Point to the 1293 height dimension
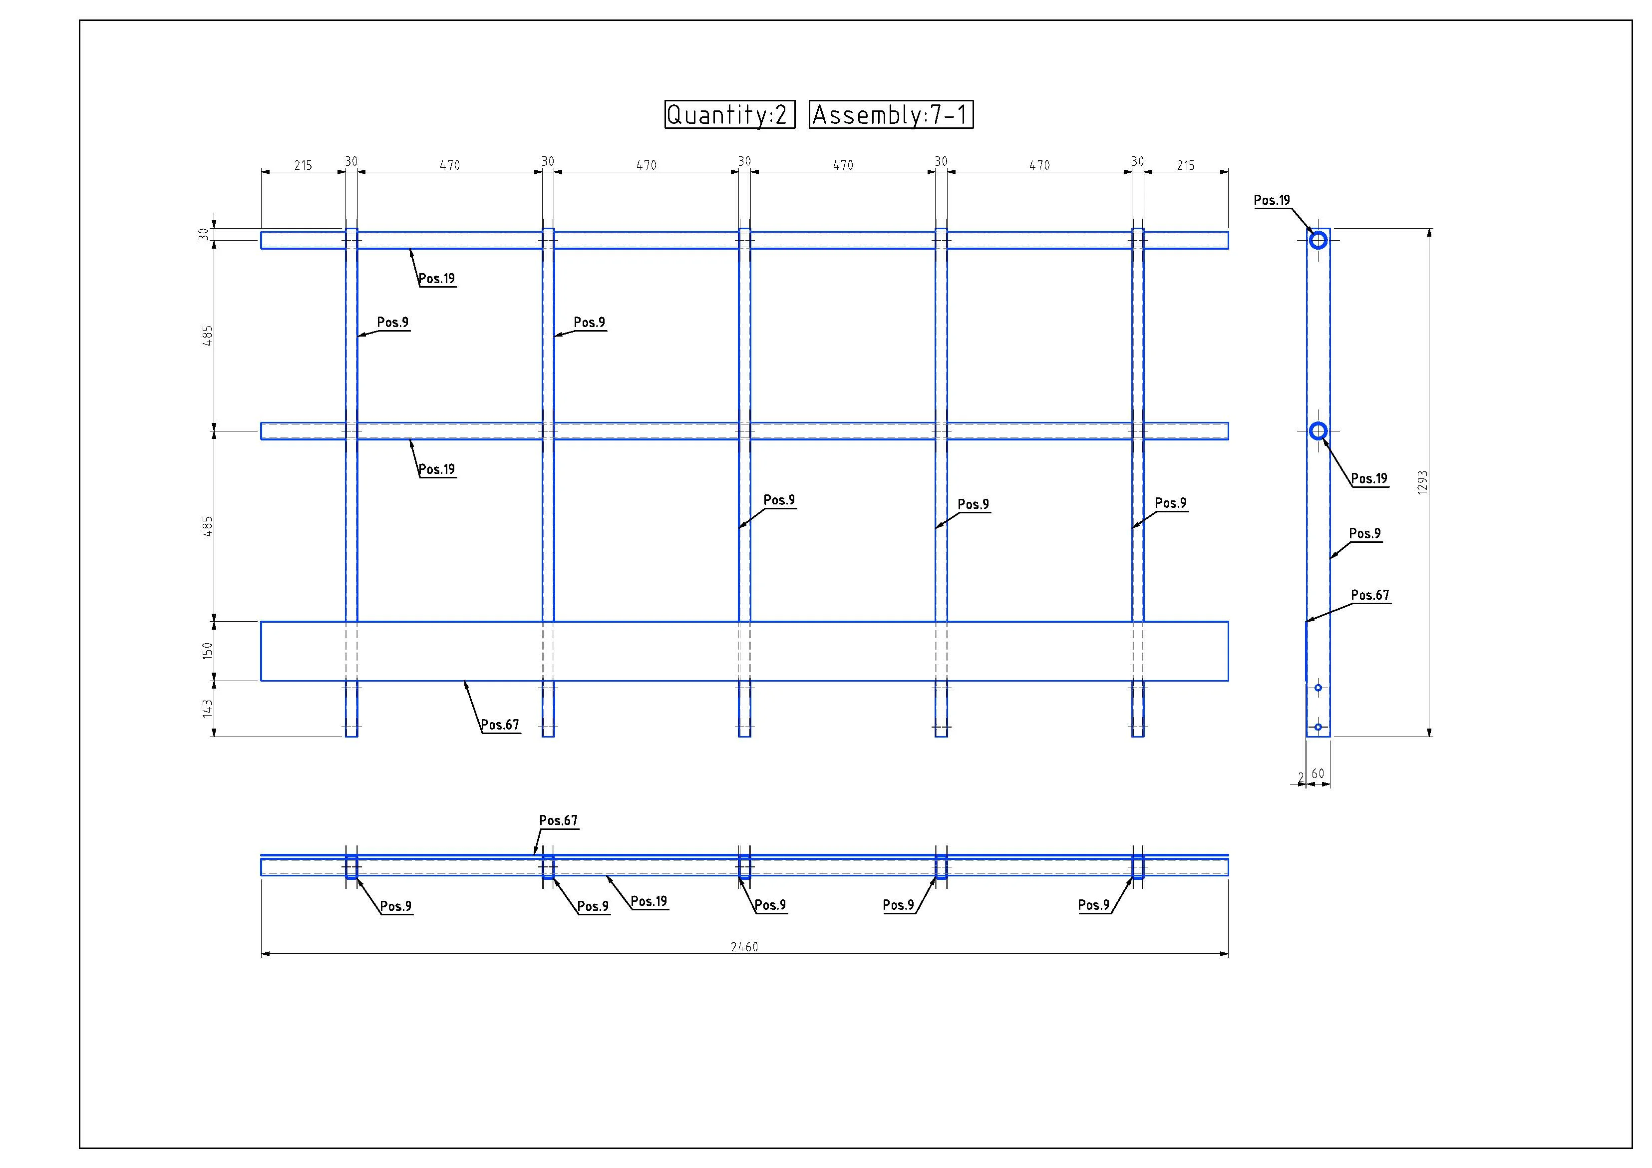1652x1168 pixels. [x=1422, y=482]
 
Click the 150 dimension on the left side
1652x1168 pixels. [x=207, y=651]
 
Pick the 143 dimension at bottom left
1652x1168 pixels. [x=207, y=708]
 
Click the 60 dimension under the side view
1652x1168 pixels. [x=1318, y=774]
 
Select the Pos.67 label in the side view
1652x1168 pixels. [x=1370, y=595]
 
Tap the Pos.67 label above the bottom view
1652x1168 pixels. [x=558, y=820]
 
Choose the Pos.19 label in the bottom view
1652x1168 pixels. [x=649, y=901]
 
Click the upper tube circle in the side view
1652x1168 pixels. [x=1318, y=240]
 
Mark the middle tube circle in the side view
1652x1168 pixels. [x=1318, y=431]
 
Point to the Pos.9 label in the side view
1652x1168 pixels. [x=1365, y=533]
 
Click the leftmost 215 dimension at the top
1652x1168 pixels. [x=303, y=165]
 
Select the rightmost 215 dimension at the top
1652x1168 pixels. [x=1186, y=165]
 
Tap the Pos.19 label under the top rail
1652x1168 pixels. [x=437, y=279]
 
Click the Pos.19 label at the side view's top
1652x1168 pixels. [x=1272, y=200]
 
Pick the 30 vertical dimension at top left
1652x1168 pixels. [x=204, y=234]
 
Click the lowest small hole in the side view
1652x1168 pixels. [x=1318, y=727]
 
